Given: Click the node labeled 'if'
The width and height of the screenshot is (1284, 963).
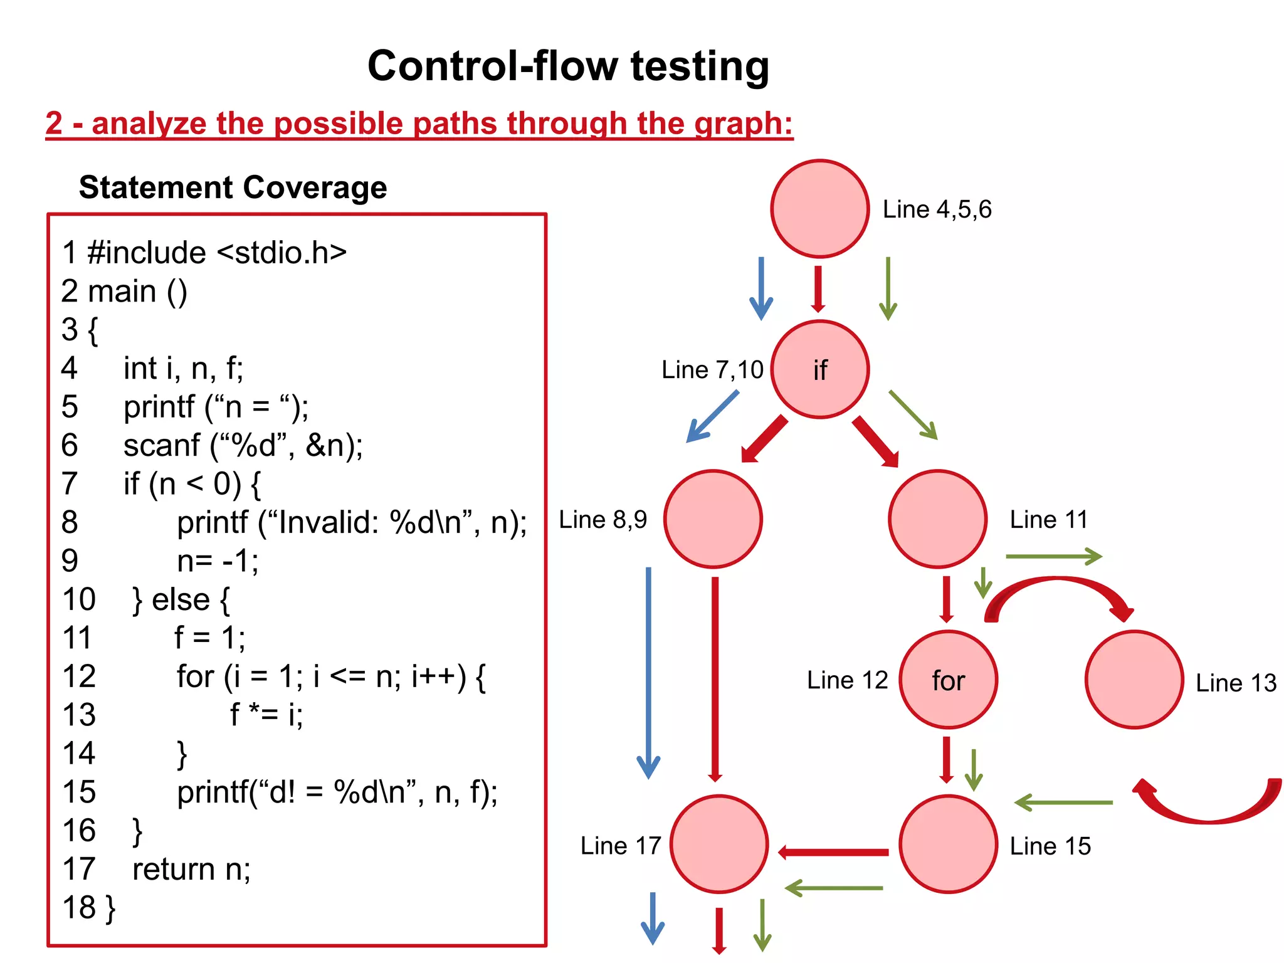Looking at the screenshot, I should pyautogui.click(x=819, y=369).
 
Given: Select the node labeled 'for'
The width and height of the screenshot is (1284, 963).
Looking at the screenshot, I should pyautogui.click(x=948, y=680).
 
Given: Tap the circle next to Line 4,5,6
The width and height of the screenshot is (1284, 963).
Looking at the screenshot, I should pyautogui.click(x=819, y=209).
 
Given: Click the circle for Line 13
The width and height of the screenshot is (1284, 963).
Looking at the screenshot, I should pyautogui.click(x=1134, y=680).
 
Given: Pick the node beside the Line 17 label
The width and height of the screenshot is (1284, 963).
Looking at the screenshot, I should pyautogui.click(x=719, y=844).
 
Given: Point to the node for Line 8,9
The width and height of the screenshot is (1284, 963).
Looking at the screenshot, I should pyautogui.click(x=713, y=519).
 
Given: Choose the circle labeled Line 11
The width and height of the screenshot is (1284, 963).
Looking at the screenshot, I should pyautogui.click(x=937, y=519).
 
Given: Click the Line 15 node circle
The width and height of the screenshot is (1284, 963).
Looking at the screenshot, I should pyautogui.click(x=948, y=844).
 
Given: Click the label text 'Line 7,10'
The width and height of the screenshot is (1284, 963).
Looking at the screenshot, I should pyautogui.click(x=712, y=370).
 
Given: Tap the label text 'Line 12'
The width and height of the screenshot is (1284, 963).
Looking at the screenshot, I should pyautogui.click(x=847, y=680).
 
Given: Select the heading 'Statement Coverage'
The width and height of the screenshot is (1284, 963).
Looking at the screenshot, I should pyautogui.click(x=233, y=187).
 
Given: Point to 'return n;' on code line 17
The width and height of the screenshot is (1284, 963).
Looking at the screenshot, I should pyautogui.click(x=191, y=870).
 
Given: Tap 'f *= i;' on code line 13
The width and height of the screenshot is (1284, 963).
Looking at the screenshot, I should pyautogui.click(x=266, y=715).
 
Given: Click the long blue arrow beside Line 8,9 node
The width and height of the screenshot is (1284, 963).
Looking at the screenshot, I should pyautogui.click(x=648, y=671).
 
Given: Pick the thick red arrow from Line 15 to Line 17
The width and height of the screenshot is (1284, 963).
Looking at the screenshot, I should pyautogui.click(x=834, y=852).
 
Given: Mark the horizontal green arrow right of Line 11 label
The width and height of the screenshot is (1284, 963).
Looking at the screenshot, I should pyautogui.click(x=1053, y=556).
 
